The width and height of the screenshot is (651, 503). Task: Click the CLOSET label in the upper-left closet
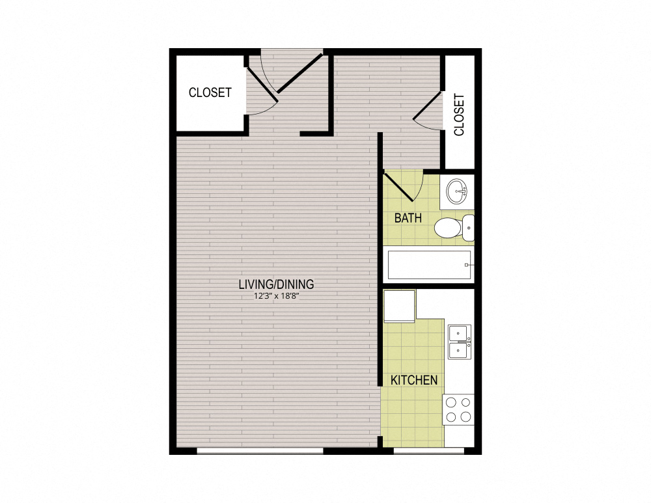(210, 92)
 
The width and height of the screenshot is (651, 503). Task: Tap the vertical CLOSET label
(460, 115)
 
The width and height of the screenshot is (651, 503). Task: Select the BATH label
(408, 218)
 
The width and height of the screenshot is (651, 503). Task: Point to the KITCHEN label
(414, 380)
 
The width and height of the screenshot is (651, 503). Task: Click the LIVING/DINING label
(277, 284)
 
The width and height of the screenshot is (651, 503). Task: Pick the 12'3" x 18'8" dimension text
(277, 296)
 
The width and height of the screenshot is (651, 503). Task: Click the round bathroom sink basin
(457, 191)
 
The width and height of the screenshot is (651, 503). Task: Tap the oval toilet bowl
(448, 228)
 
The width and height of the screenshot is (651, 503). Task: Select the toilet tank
(469, 228)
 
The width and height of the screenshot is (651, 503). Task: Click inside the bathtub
(426, 265)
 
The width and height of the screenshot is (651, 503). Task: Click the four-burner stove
(458, 409)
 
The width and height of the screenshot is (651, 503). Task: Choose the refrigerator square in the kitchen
(399, 306)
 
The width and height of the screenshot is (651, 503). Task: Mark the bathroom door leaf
(403, 186)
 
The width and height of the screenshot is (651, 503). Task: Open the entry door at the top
(300, 72)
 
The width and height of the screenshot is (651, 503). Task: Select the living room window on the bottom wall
(260, 450)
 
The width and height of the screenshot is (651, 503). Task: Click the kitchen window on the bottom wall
(429, 450)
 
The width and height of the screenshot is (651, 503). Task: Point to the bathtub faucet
(468, 265)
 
